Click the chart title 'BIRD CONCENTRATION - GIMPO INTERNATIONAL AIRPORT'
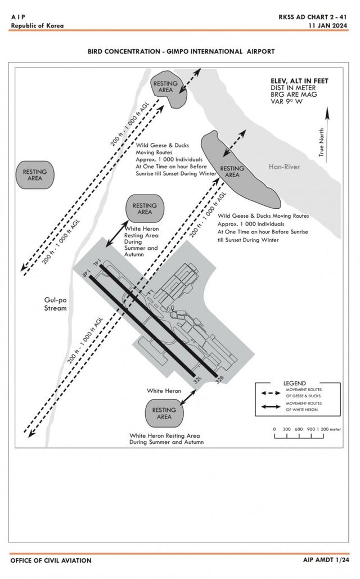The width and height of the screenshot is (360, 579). tap(181, 51)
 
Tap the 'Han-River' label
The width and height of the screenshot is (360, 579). tap(284, 167)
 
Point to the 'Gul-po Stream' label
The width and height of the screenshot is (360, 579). tap(56, 304)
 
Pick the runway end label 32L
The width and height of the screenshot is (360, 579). tap(197, 380)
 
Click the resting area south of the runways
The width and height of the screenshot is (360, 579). tap(164, 414)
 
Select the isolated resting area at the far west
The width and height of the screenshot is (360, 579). tap(35, 174)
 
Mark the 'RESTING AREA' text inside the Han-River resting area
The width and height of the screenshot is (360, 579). tap(232, 172)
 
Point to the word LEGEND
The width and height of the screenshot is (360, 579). tap(294, 383)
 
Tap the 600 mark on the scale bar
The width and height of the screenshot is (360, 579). tap(299, 429)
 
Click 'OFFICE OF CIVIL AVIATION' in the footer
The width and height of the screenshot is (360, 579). tap(51, 560)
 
